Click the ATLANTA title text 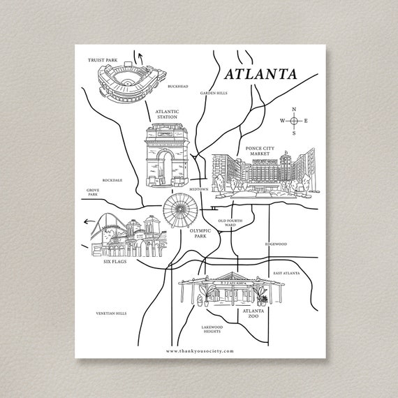pos(259,73)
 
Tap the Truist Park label pos(102,60)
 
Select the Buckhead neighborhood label pos(178,87)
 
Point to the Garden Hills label pos(212,93)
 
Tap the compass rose pos(294,121)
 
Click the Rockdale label pos(112,179)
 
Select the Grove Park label pos(93,192)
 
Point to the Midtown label pos(199,189)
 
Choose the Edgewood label pos(276,244)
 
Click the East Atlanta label pos(287,273)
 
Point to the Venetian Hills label pos(112,314)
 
